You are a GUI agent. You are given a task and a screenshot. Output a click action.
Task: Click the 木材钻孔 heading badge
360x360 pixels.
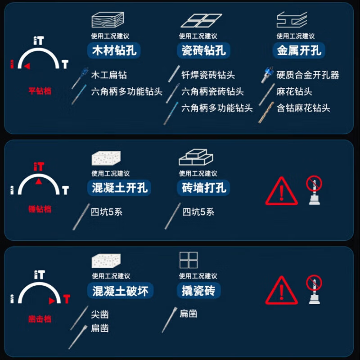(x=114, y=50)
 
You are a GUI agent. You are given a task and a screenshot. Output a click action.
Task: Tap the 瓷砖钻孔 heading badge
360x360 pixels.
(x=203, y=50)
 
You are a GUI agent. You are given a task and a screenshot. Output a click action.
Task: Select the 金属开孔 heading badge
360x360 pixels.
(x=299, y=50)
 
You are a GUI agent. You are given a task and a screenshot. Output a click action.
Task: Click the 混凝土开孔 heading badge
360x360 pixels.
(x=119, y=188)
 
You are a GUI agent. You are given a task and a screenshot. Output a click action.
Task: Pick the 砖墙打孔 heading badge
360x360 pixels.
(x=203, y=188)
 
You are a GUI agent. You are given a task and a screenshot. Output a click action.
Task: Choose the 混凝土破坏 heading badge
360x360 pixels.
(x=120, y=291)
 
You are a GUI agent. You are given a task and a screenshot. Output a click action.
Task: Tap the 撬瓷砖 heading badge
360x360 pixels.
(x=199, y=291)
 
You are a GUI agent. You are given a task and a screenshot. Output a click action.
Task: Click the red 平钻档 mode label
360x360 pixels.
(x=40, y=91)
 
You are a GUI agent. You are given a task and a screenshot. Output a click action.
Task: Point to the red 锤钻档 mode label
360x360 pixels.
(x=40, y=209)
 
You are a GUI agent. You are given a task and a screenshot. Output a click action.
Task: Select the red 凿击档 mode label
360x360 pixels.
(x=40, y=319)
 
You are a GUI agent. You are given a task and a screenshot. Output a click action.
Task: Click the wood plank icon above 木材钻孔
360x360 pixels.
(x=108, y=20)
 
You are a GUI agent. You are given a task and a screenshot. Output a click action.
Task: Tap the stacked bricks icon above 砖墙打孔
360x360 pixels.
(x=196, y=157)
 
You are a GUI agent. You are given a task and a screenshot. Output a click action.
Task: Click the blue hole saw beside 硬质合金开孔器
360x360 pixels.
(x=267, y=75)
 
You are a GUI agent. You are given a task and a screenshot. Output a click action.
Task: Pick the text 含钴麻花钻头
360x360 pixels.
(x=303, y=108)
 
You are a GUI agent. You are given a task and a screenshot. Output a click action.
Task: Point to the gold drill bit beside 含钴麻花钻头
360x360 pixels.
(x=266, y=112)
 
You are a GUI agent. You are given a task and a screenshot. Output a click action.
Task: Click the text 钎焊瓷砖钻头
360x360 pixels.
(x=208, y=75)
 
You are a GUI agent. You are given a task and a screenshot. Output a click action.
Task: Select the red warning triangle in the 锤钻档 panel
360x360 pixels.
(x=282, y=191)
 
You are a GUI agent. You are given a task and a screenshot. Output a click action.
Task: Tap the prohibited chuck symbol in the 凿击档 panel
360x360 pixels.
(x=314, y=289)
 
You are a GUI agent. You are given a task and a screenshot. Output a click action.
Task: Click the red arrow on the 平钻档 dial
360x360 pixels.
(x=27, y=66)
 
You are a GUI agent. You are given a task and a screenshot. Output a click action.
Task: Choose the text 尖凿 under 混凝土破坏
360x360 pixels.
(x=100, y=314)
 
